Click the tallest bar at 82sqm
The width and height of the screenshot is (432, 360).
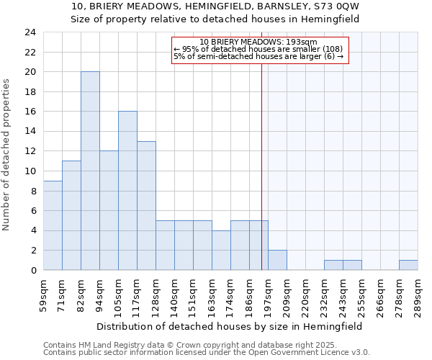tap(90, 171)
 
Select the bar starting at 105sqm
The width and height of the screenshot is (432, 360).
tap(127, 191)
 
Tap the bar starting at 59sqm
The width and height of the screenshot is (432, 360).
tap(53, 225)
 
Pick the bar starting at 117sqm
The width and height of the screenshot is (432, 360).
tap(146, 206)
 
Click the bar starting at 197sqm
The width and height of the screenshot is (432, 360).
tap(277, 260)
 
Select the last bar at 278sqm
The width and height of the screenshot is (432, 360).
tap(408, 265)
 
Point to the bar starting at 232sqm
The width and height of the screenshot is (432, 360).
tap(333, 265)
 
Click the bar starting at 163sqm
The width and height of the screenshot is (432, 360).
tap(221, 250)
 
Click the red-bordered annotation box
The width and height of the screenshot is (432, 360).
tap(260, 50)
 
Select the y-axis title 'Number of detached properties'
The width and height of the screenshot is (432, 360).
tap(7, 156)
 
